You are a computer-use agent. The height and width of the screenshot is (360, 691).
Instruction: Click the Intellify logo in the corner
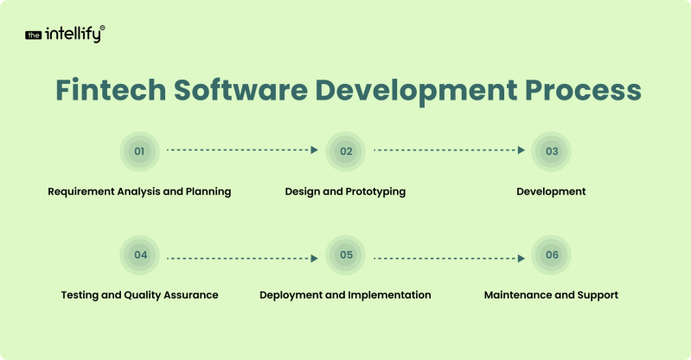pos(65,35)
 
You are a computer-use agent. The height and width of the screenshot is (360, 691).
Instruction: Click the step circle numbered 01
pos(139,151)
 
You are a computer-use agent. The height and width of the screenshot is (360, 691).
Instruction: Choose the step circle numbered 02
pos(346,151)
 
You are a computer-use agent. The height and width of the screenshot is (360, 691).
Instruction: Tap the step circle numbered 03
pos(552,151)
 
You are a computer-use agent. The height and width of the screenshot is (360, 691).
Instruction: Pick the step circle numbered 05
pos(346,255)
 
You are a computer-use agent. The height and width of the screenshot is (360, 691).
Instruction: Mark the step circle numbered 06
pos(552,255)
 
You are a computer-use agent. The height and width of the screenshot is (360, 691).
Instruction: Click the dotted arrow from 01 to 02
pos(242,150)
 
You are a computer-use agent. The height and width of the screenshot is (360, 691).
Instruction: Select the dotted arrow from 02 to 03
pos(449,150)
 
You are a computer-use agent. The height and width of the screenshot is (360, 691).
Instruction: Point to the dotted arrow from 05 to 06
pos(449,257)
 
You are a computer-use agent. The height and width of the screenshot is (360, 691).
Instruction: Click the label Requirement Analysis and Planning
pos(139,191)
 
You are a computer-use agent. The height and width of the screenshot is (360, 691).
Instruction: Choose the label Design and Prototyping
pos(345,191)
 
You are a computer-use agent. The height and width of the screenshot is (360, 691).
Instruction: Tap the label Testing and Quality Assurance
pos(139,295)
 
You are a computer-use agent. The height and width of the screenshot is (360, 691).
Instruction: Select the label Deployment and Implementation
pos(345,295)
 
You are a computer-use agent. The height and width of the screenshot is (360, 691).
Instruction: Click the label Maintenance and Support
pos(551,295)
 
